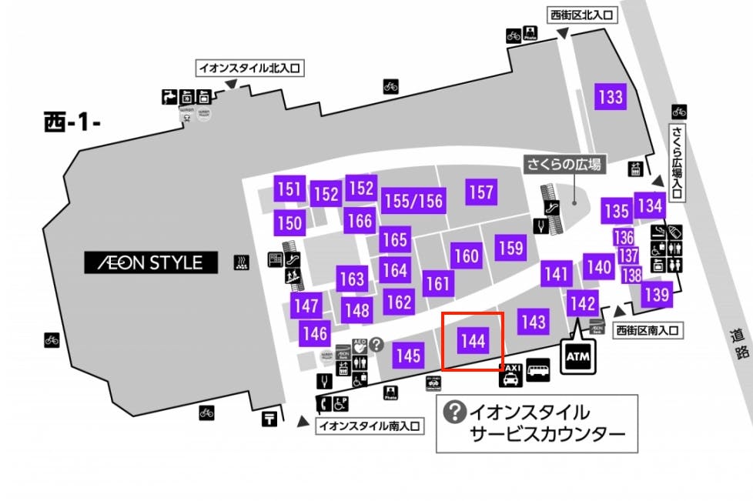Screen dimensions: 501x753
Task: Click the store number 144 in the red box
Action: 473,340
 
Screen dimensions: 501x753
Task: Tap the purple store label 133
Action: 610,97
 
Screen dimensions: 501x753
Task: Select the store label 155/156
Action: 414,201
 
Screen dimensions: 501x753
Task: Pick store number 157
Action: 480,192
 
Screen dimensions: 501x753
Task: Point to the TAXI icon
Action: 510,375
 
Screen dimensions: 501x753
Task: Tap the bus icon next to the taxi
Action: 537,372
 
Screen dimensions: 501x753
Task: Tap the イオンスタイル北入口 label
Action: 250,68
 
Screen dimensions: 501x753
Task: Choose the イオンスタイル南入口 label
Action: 370,425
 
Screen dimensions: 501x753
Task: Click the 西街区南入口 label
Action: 648,331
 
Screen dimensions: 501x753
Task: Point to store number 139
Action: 656,293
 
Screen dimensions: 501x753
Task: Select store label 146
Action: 315,334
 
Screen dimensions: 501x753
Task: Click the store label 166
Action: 359,221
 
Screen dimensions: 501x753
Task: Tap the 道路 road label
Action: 741,344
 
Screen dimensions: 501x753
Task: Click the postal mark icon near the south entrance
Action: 269,419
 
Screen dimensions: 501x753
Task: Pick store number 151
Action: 289,189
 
